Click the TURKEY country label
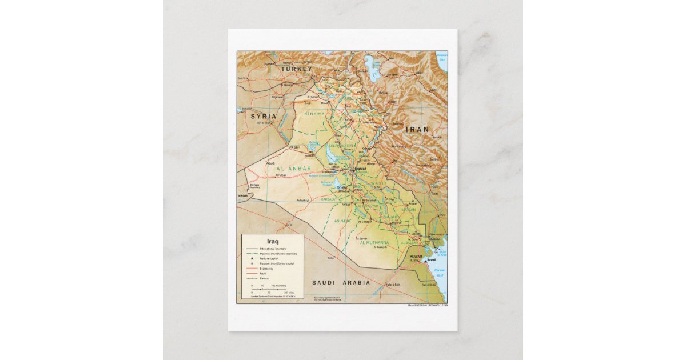point(296,69)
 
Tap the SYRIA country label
point(263,116)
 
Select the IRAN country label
point(417,130)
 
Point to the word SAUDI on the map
point(323,283)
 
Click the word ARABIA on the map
point(356,283)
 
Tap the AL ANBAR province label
point(294,169)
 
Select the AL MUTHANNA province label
point(374,243)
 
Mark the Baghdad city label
point(360,169)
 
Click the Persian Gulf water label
point(440,273)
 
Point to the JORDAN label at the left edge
point(244,196)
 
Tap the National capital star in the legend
point(252,258)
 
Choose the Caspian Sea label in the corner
point(441,57)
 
